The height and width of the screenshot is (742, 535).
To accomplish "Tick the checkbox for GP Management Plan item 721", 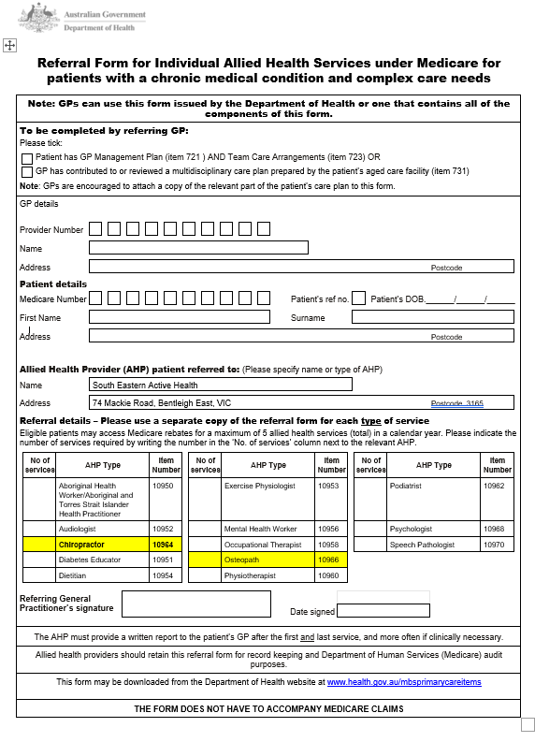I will click(x=27, y=158).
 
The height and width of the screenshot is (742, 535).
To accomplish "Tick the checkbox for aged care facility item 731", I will click(x=27, y=172).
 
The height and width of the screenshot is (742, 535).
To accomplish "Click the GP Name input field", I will click(x=198, y=248).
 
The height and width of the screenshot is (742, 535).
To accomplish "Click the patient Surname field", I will click(x=432, y=317).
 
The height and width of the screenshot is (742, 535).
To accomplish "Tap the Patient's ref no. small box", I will click(x=359, y=298).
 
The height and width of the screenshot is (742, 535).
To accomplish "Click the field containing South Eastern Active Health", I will click(x=221, y=385).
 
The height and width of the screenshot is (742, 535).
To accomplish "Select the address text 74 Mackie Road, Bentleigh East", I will click(x=162, y=403).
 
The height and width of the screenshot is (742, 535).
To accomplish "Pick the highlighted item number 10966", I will click(x=331, y=560).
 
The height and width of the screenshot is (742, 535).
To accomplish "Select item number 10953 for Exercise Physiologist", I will click(x=331, y=487).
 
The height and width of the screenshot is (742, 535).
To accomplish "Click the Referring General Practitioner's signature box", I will click(x=195, y=604).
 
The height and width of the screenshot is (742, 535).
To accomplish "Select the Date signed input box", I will click(x=383, y=611).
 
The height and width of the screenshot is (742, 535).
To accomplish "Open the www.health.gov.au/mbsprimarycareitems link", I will click(x=404, y=682).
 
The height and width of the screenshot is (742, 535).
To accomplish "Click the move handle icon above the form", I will click(x=8, y=45).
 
